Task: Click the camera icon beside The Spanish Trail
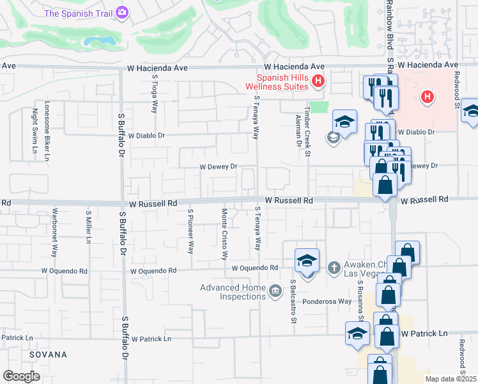121,12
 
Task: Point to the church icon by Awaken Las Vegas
332,266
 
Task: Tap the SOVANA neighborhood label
48,354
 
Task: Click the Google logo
21,376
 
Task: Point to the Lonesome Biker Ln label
46,130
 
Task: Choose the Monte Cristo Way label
224,234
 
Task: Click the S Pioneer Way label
190,230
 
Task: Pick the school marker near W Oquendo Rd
307,260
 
